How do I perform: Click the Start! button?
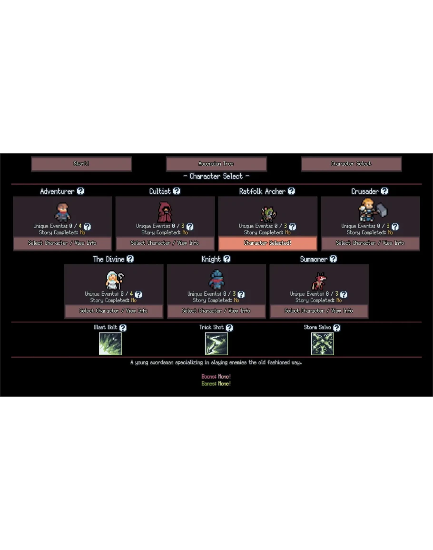click(x=81, y=164)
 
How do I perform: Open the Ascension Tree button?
click(x=216, y=164)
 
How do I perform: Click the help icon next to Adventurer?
click(x=81, y=191)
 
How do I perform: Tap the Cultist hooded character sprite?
click(x=165, y=212)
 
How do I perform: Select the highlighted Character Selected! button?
click(x=267, y=243)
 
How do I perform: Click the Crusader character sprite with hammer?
click(x=372, y=210)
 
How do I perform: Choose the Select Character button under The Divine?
click(x=114, y=311)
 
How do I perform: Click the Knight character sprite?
click(x=216, y=280)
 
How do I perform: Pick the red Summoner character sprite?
click(x=318, y=281)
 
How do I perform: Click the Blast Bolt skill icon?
click(x=110, y=344)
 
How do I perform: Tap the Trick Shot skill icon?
click(x=216, y=344)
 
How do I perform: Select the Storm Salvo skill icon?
click(x=323, y=344)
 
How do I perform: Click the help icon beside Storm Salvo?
click(x=337, y=328)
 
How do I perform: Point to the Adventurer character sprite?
click(x=62, y=212)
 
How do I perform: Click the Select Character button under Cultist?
click(x=165, y=243)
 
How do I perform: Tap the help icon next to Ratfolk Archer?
click(x=291, y=191)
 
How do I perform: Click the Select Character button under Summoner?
click(x=319, y=311)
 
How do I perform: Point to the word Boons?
click(x=209, y=377)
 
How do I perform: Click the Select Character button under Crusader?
click(x=370, y=243)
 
